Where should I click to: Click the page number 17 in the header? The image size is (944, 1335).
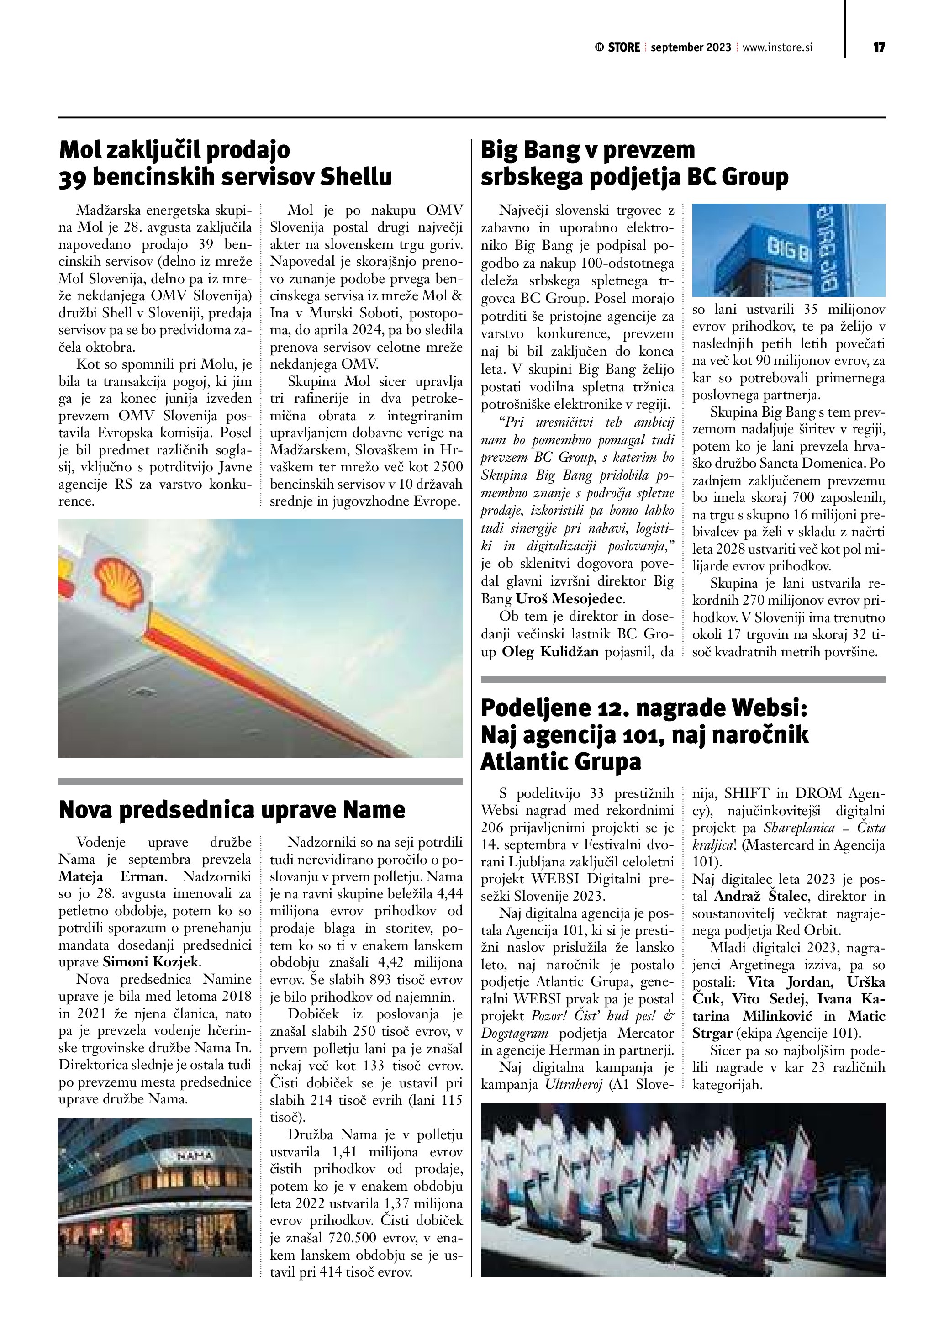[878, 47]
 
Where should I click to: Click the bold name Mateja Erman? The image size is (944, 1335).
[112, 876]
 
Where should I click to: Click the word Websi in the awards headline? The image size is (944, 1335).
[770, 709]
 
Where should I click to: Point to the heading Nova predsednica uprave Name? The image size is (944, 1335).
[232, 809]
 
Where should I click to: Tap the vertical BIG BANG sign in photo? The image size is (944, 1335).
[831, 250]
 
